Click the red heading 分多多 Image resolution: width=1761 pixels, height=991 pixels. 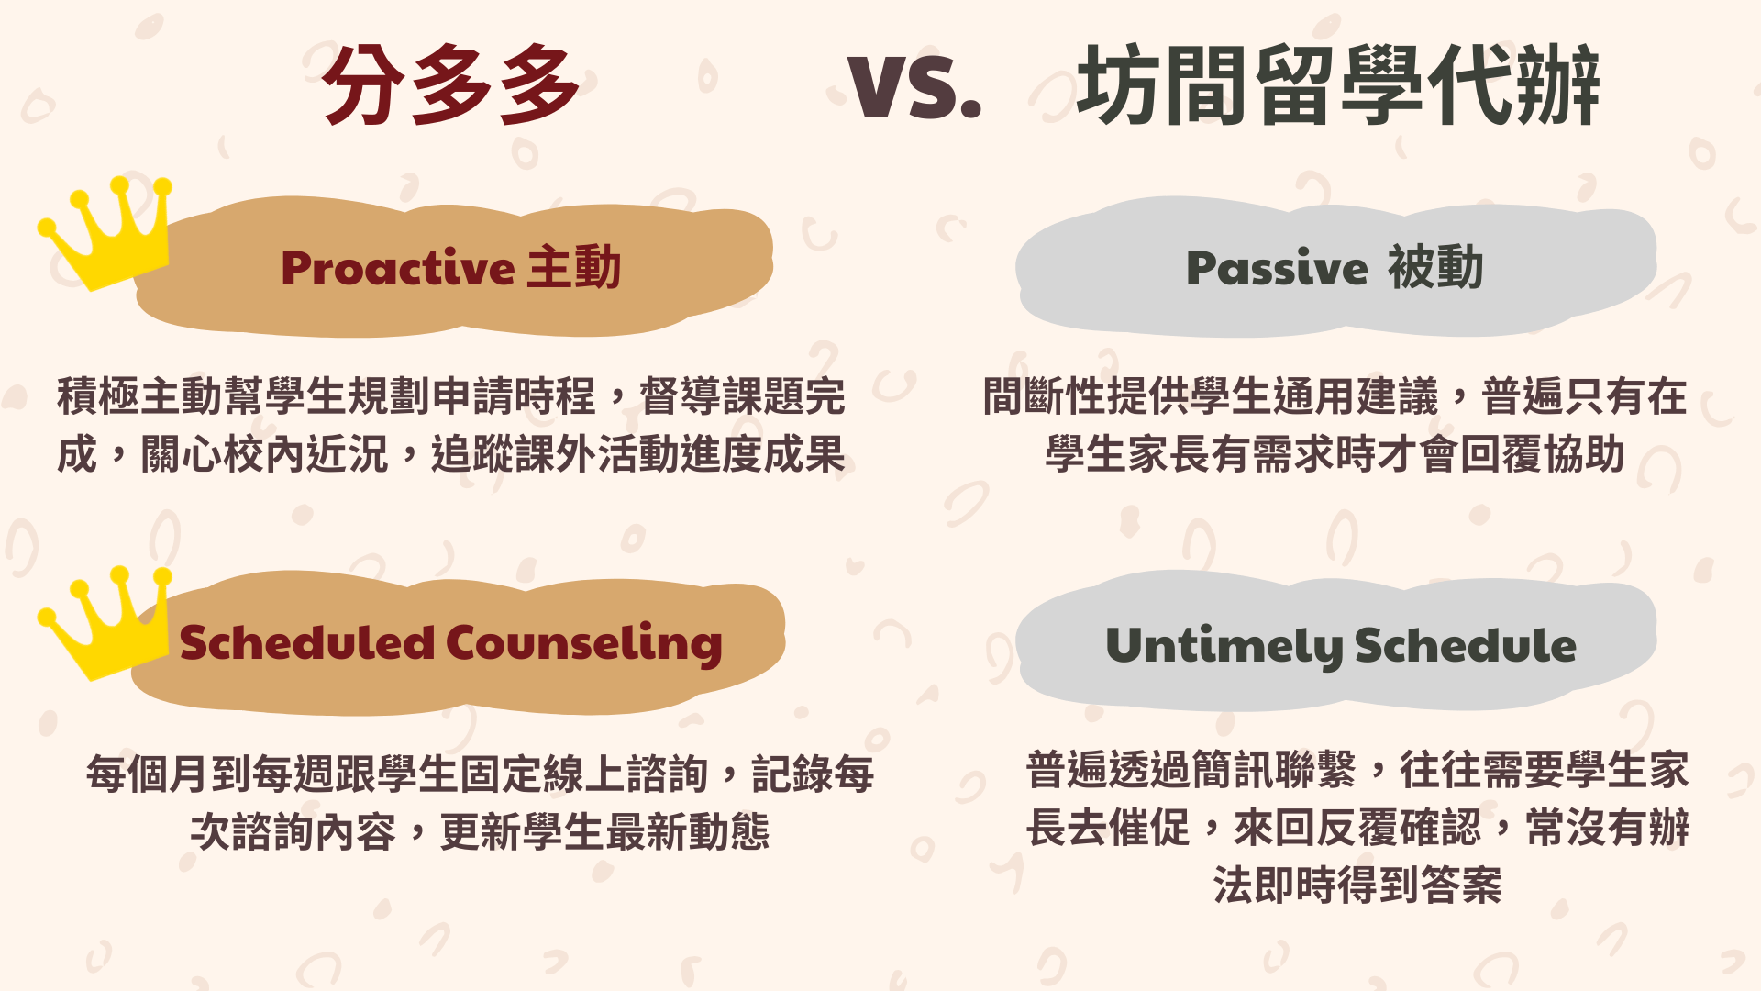450,85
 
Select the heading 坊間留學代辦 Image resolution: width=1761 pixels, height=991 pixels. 1338,85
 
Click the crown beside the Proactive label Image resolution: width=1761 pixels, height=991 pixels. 104,233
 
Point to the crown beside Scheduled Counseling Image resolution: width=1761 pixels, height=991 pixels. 104,622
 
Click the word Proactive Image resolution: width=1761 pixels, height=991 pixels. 398,269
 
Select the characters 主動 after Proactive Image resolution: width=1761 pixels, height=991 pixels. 575,268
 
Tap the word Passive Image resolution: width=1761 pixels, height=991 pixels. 1277,269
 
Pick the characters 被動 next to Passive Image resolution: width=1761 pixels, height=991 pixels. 1435,268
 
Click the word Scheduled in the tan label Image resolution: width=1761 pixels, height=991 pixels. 307,642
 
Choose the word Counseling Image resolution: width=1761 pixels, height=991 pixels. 585,643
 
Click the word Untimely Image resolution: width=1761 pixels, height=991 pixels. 1224,647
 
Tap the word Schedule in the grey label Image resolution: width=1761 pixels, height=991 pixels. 1466,645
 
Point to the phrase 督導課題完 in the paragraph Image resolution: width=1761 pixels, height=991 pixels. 742,396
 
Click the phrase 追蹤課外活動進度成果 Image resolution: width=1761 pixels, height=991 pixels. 638,454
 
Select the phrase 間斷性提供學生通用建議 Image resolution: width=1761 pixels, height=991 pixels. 1211,396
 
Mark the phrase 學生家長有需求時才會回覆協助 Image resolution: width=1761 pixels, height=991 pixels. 1335,454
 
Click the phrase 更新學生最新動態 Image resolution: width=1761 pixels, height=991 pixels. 605,832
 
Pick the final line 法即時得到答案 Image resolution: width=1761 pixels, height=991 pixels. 1357,885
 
